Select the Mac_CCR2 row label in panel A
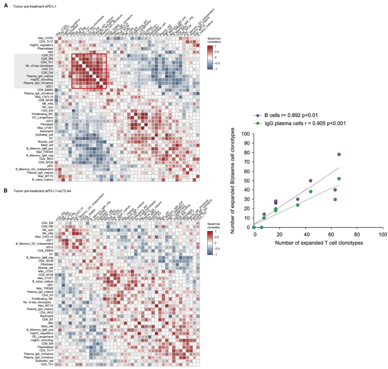(46, 38)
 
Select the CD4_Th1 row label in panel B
(47, 364)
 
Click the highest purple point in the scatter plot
(339, 154)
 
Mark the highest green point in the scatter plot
(339, 179)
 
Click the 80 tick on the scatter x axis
(357, 234)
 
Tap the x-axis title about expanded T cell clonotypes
(319, 243)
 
